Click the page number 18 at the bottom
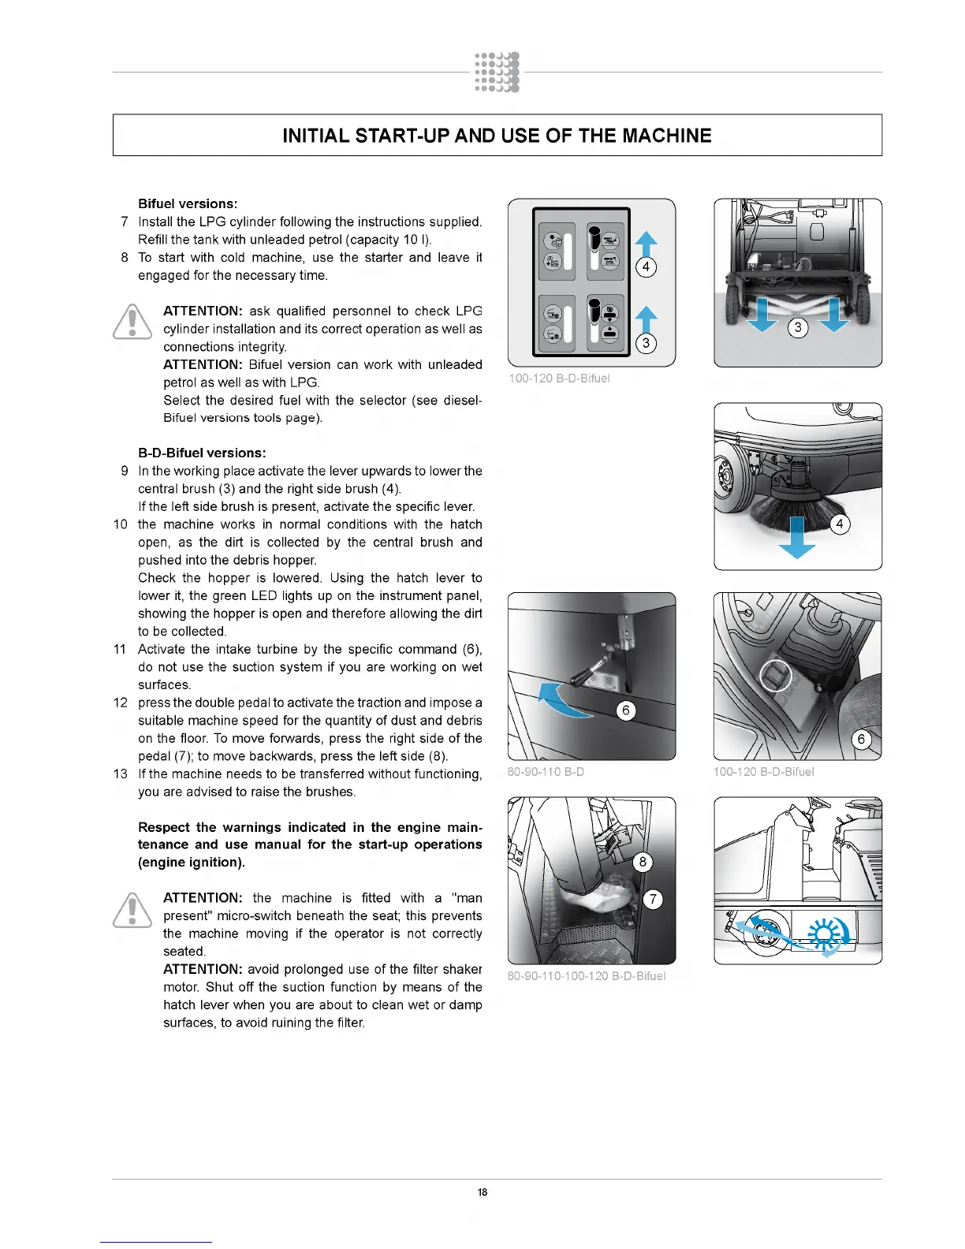point(482,1191)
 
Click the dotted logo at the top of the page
point(497,73)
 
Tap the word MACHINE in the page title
point(666,136)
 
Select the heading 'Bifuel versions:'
point(188,203)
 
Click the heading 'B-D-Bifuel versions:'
point(202,453)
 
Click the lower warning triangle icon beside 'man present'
point(132,909)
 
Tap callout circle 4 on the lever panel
point(646,267)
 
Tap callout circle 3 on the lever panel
point(646,343)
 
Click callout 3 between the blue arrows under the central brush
point(798,327)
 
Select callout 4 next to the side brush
point(840,524)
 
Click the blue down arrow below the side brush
point(797,538)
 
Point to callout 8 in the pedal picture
point(643,861)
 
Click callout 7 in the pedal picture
point(653,899)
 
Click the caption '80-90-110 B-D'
point(546,771)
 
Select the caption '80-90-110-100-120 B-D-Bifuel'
point(587,975)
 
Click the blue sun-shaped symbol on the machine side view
point(825,934)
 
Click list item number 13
point(121,774)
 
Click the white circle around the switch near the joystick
point(776,676)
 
